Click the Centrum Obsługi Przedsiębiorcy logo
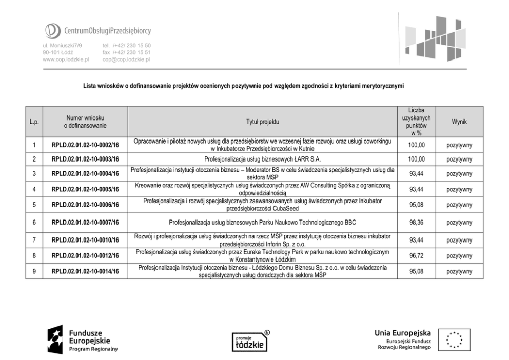(x=97, y=31)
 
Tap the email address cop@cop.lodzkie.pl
(x=126, y=59)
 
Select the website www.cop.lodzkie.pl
(x=66, y=59)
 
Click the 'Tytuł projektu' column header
(x=262, y=122)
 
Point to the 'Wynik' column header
(x=459, y=122)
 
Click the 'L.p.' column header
(x=34, y=122)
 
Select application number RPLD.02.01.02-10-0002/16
(x=85, y=145)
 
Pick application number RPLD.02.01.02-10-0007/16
(x=85, y=223)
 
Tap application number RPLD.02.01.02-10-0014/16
(x=85, y=271)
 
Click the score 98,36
(x=416, y=223)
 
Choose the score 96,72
(x=416, y=255)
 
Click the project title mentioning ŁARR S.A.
(x=262, y=159)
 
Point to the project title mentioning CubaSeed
(x=262, y=205)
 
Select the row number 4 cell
(x=34, y=189)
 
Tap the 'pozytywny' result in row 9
(x=459, y=271)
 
